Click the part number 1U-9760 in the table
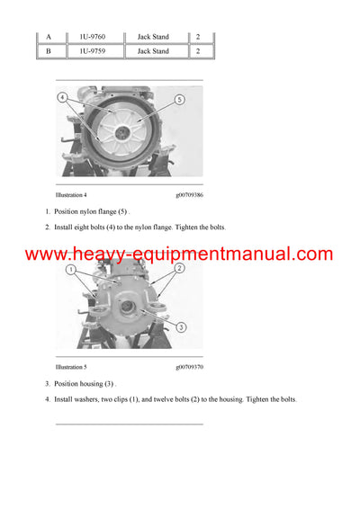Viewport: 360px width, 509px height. [93, 37]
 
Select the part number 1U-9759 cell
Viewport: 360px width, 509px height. [93, 51]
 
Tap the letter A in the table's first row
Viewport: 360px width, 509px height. [49, 37]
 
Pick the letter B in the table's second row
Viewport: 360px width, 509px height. [49, 51]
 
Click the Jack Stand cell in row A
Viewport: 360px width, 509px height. [153, 37]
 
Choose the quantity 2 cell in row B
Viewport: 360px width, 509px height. [198, 51]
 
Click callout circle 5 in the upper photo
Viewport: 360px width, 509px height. [179, 100]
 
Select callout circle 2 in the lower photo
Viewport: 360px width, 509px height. [180, 268]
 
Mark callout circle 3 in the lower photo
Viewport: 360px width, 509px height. [183, 327]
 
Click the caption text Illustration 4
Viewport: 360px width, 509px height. [71, 194]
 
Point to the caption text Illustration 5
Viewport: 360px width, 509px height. [71, 367]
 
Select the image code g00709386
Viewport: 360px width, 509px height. [190, 194]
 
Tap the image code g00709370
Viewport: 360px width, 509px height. [190, 367]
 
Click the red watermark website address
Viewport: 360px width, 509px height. [179, 254]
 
